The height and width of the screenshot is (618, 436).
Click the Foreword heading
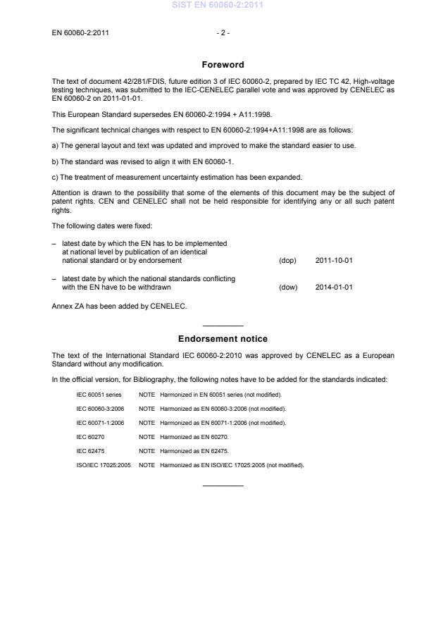[223, 65]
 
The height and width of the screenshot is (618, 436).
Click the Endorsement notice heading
[223, 339]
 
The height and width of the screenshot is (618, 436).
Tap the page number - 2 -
[223, 32]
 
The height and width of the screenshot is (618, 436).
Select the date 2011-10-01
[334, 260]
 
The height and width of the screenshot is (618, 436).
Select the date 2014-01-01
[334, 287]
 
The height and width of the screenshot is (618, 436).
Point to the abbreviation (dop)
[287, 260]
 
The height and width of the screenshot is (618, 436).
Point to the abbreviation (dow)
[287, 287]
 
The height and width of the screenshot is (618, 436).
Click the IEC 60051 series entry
[99, 395]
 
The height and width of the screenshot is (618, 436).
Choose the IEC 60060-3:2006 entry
[100, 409]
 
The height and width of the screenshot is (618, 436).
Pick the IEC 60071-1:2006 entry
[100, 423]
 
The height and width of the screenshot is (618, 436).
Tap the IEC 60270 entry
[91, 437]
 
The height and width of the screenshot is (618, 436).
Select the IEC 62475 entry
[91, 450]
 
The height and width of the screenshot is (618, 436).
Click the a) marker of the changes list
[56, 145]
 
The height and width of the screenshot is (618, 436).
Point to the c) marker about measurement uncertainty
[56, 176]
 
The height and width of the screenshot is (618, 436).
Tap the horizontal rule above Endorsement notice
[223, 326]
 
